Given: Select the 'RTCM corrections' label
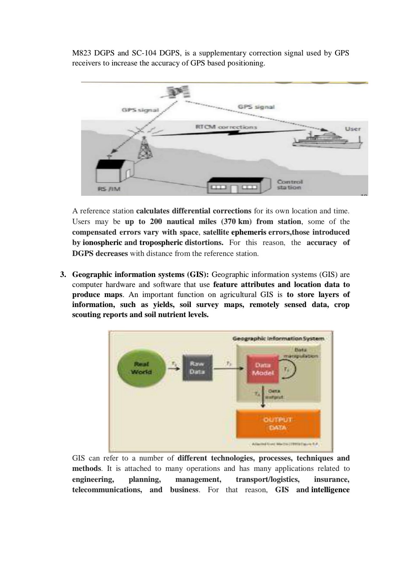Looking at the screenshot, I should coord(226,127).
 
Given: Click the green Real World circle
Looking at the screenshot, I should coord(142,368).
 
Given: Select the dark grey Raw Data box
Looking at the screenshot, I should coord(197,368).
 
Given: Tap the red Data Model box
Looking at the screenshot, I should coord(263,369).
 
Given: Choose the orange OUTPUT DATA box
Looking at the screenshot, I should coord(278,424).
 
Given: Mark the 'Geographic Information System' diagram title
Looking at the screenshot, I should coord(278,339).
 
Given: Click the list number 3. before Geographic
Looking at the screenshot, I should coord(63,275).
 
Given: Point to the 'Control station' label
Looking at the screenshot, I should coord(290,185).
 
